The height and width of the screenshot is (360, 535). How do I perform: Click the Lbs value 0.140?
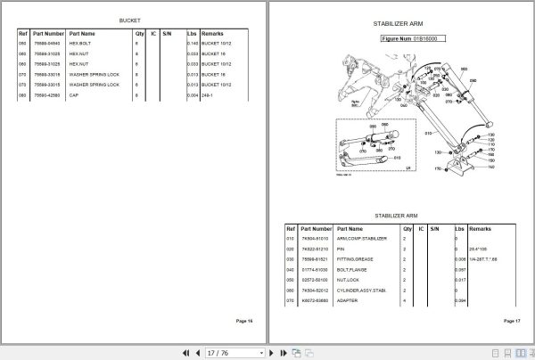coord(193,43)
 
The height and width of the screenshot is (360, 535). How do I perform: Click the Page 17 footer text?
coord(511,320)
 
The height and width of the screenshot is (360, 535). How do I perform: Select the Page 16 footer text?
coord(243,320)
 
